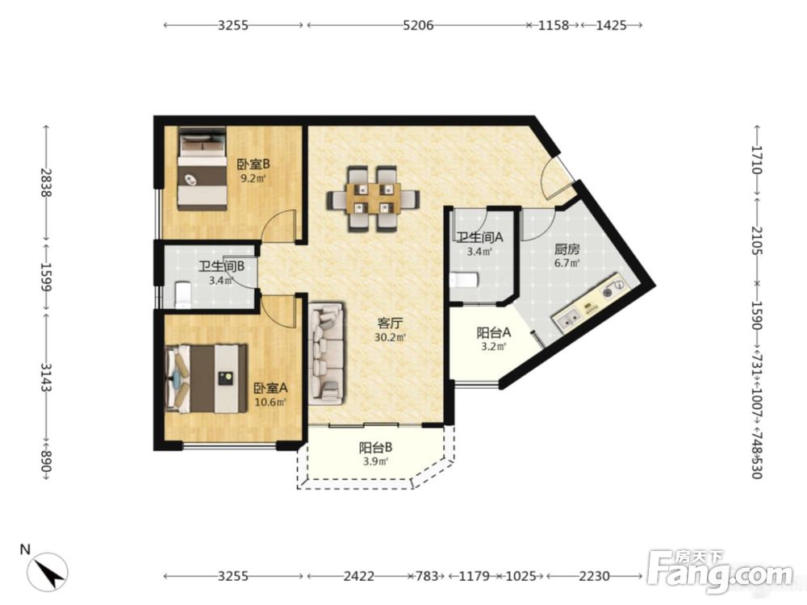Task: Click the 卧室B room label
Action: tap(253, 164)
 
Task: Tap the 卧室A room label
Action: tap(270, 387)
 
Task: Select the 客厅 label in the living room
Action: tap(390, 323)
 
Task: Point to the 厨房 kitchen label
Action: tap(567, 249)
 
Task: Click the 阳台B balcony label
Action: tap(376, 448)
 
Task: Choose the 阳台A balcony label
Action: tap(494, 333)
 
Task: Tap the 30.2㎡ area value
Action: tap(390, 337)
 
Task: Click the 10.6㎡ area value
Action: tap(270, 402)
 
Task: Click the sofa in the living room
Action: tap(327, 354)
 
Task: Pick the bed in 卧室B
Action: tap(203, 169)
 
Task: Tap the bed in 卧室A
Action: tap(206, 378)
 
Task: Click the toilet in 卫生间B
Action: tap(182, 294)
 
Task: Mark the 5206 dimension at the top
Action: tap(418, 25)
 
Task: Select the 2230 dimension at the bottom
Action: tap(595, 576)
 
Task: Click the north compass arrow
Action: tap(48, 571)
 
